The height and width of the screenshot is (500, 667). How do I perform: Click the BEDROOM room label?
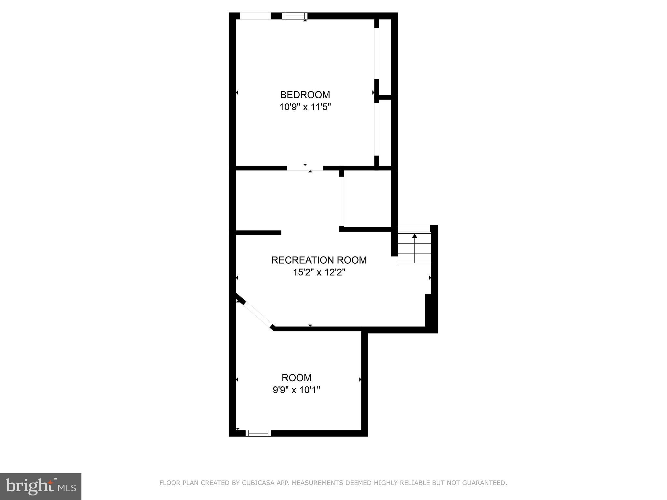click(x=305, y=95)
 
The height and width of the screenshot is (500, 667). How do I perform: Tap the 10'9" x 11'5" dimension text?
click(x=305, y=107)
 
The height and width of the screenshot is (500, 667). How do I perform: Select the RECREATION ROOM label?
click(x=319, y=260)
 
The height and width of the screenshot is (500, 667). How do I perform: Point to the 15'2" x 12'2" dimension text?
click(x=319, y=272)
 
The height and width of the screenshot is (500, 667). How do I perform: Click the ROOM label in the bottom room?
click(x=296, y=378)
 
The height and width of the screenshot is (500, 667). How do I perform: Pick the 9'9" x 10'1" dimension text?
click(x=296, y=390)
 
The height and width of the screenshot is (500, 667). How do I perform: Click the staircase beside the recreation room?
click(x=414, y=247)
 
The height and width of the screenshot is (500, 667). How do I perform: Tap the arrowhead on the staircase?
click(x=414, y=236)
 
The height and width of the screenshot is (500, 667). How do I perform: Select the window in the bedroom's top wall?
click(x=294, y=16)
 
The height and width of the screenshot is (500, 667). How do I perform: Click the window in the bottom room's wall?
click(x=258, y=433)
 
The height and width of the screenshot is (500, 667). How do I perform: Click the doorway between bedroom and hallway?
click(x=305, y=168)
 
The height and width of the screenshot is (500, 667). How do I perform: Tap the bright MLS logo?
click(x=40, y=487)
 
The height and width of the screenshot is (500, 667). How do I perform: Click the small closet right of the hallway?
click(x=367, y=199)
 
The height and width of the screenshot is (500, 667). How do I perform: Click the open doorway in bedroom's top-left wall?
click(x=255, y=16)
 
